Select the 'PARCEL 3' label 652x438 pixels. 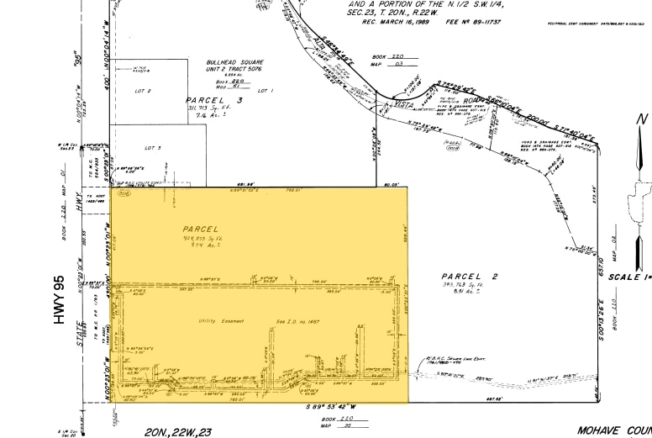pos(214,100)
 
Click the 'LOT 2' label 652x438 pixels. pos(143,90)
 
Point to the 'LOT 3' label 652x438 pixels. pos(153,147)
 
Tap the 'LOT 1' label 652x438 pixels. pos(266,90)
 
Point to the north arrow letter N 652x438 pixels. pos(642,120)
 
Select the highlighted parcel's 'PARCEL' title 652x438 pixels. pos(200,228)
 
